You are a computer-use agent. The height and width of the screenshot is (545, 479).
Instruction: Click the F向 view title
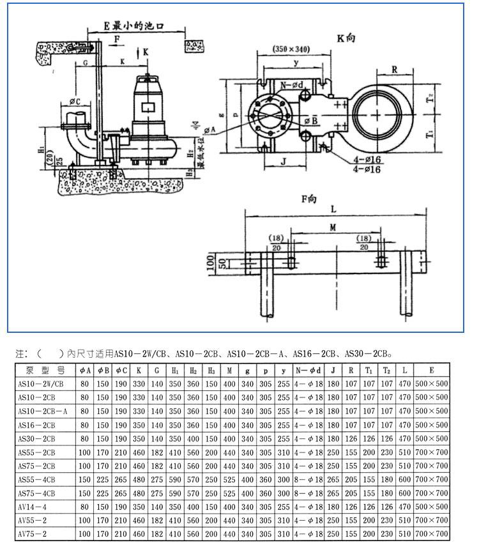308,199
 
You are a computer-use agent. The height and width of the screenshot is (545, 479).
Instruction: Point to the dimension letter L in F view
335,210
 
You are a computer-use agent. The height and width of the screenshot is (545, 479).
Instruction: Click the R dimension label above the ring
395,69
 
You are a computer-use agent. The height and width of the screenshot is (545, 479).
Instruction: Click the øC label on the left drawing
74,101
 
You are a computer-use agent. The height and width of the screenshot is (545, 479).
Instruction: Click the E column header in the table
432,371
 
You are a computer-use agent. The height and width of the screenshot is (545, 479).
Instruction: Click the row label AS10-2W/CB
41,384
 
